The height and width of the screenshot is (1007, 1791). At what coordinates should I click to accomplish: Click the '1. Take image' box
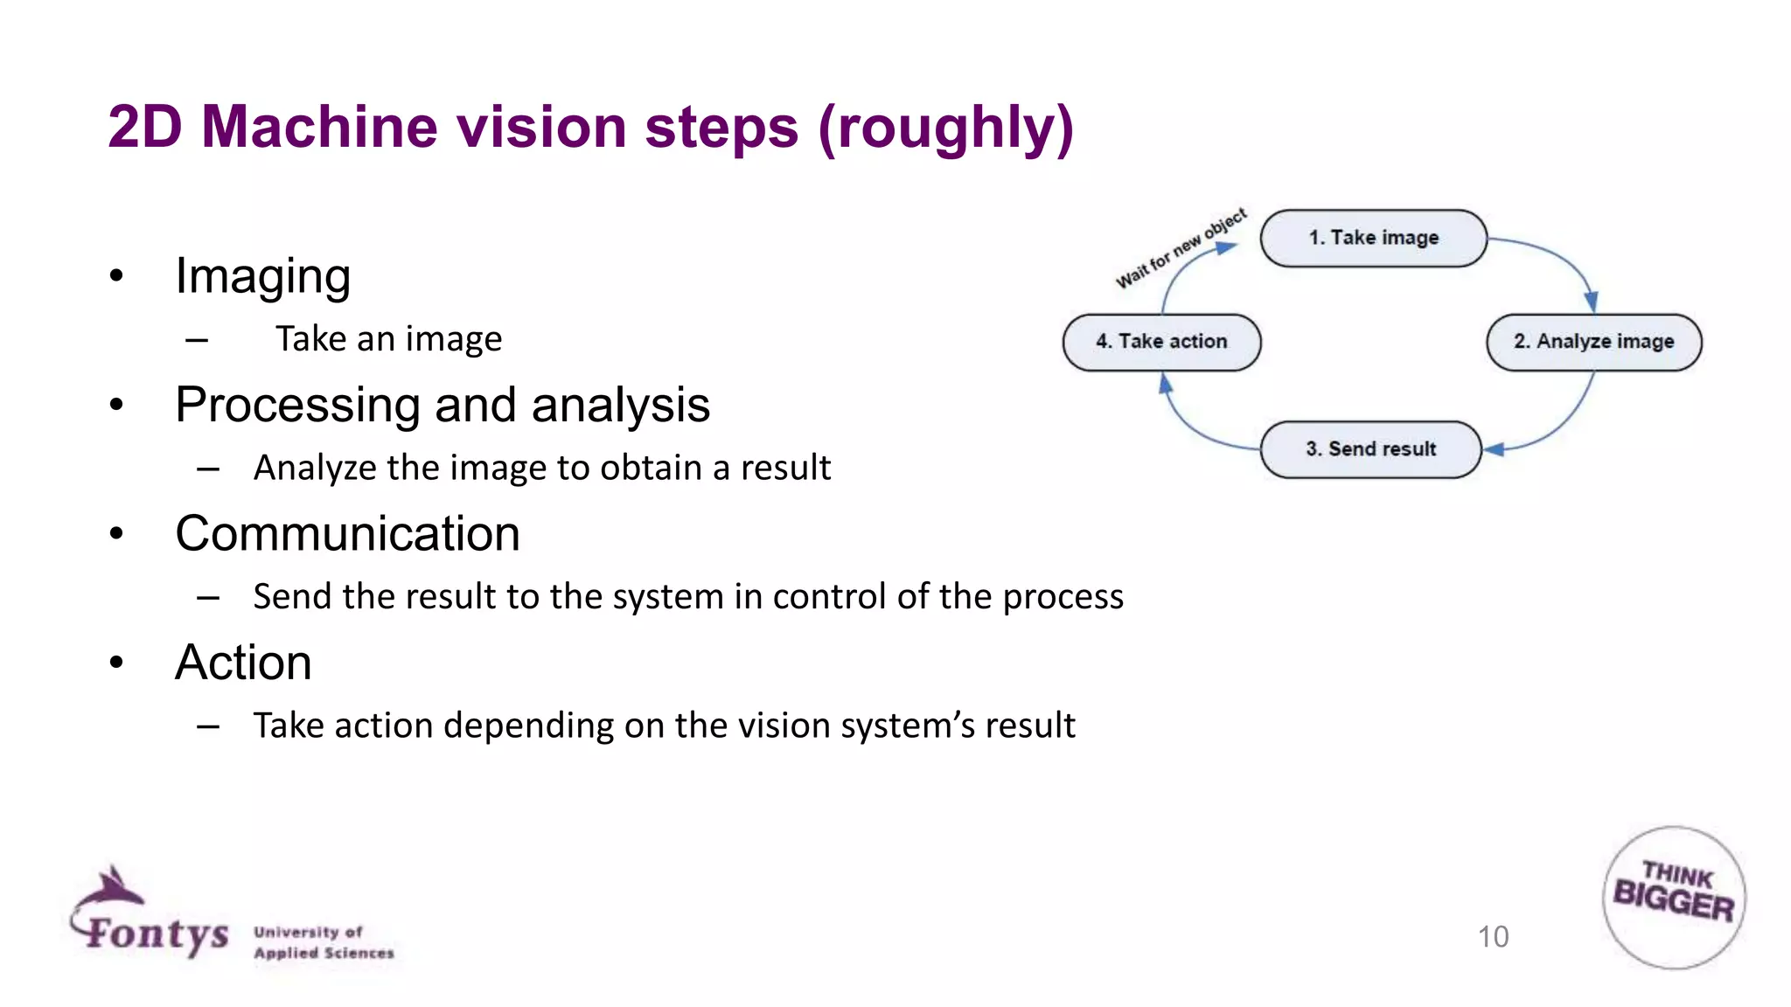coord(1373,238)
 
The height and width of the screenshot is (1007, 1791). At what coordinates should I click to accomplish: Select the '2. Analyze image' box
coord(1593,342)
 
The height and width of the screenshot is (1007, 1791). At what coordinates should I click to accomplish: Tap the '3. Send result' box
coord(1370,449)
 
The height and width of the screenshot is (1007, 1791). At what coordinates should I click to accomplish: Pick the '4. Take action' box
coord(1161,342)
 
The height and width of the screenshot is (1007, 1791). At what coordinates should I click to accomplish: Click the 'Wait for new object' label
coord(1181,248)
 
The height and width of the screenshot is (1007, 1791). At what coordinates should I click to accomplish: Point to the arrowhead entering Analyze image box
coord(1591,302)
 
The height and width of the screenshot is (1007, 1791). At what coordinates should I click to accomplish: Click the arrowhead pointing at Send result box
coord(1495,449)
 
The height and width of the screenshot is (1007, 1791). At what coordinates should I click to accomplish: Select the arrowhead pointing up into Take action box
coord(1165,383)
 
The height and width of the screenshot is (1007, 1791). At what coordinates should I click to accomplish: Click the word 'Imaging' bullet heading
coord(262,276)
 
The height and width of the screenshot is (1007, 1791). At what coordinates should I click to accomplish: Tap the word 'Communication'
coord(347,533)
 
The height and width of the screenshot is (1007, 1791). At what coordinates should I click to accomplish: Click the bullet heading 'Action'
coord(243,663)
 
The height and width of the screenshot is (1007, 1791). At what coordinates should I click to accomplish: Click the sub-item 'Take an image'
coord(388,339)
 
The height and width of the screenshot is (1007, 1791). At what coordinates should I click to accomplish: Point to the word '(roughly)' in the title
coord(945,128)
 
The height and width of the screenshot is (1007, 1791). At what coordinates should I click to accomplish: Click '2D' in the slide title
coord(144,128)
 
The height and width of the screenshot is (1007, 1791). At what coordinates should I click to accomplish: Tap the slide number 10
coord(1493,937)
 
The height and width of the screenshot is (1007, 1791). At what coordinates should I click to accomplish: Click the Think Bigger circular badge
coord(1674,898)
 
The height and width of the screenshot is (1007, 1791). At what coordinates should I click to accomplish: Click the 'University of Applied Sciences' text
coord(324,942)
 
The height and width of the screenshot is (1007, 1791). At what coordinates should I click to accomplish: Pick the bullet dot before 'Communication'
coord(116,534)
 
